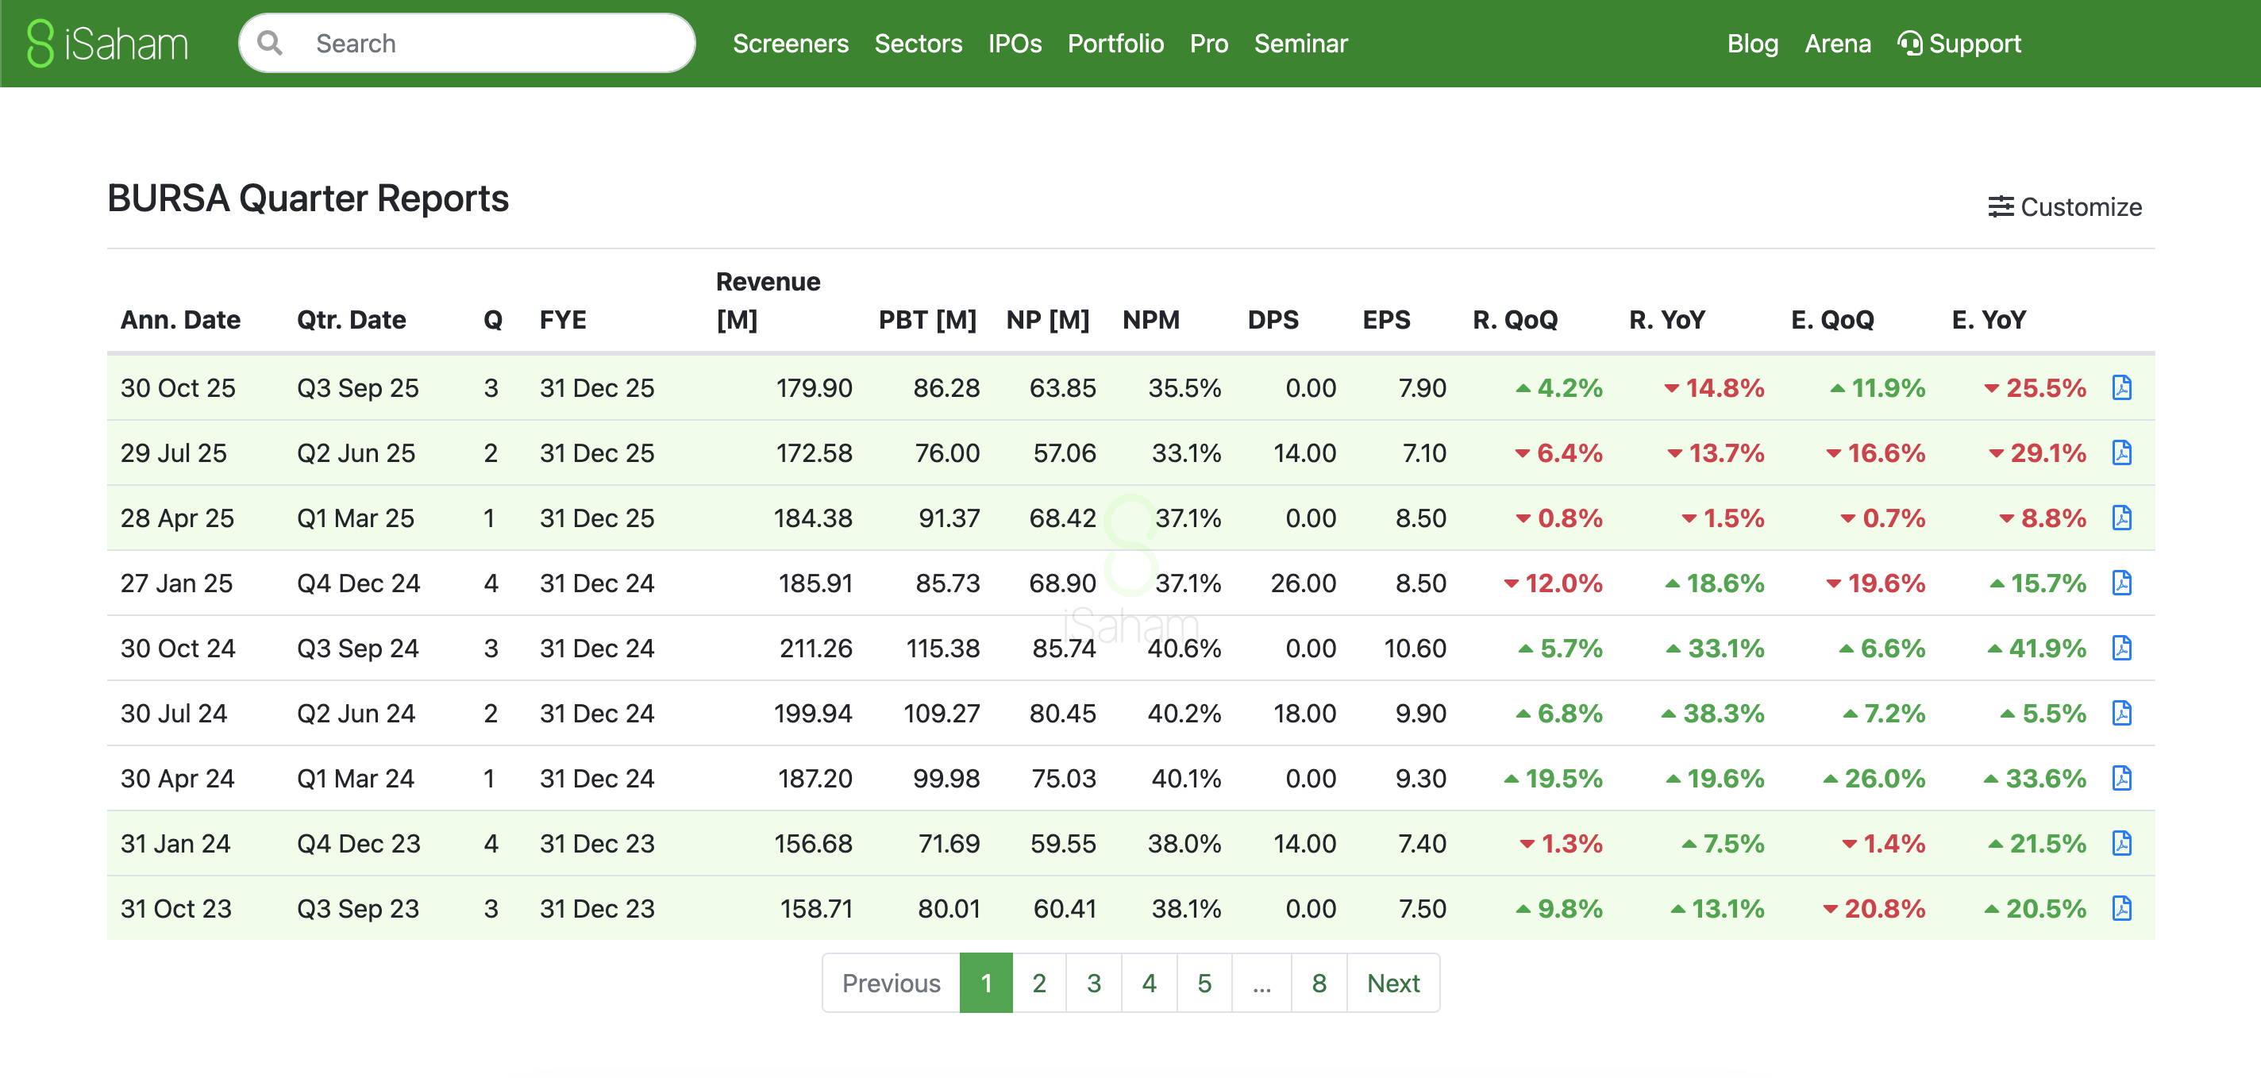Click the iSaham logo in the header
tap(108, 43)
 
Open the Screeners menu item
tap(790, 43)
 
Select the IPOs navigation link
tap(1015, 43)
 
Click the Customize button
tap(2064, 207)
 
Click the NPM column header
tap(1150, 320)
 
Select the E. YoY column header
tap(1988, 320)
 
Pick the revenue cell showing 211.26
tap(815, 649)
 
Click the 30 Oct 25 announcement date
tap(178, 388)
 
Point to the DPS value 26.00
tap(1303, 583)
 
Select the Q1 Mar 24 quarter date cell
tap(356, 779)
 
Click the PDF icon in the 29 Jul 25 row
tap(2121, 453)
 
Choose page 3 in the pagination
tap(1094, 984)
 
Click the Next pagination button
tap(1393, 984)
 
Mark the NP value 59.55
tap(1063, 844)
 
